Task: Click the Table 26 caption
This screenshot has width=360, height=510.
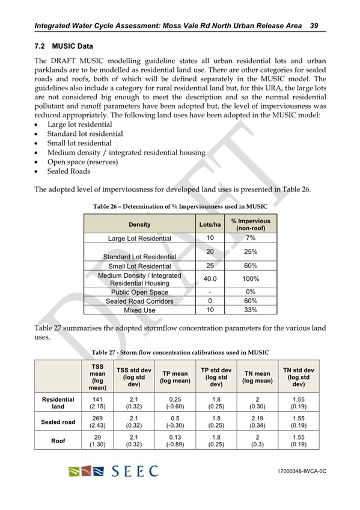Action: (x=180, y=206)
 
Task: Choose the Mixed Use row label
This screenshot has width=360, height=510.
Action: (x=139, y=310)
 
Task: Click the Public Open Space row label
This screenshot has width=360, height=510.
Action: (x=139, y=292)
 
